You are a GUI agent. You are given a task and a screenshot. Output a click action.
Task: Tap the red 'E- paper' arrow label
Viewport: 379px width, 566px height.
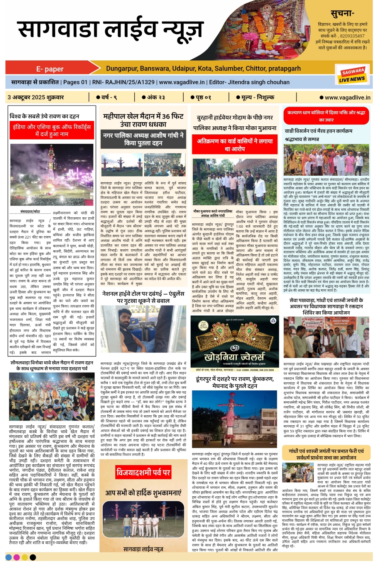50,69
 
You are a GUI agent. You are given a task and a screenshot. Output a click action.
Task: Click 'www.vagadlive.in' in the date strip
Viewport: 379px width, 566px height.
347,97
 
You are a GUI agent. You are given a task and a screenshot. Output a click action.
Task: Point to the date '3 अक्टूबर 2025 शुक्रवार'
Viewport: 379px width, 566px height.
36,97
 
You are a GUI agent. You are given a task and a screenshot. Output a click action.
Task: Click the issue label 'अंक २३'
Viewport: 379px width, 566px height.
154,97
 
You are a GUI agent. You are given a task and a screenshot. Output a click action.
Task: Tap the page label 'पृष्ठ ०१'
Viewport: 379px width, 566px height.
201,97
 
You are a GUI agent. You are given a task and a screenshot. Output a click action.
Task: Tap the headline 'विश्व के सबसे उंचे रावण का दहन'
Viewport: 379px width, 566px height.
44,116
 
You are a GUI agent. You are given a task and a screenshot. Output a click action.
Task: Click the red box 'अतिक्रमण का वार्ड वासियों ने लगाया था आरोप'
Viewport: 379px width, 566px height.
235,145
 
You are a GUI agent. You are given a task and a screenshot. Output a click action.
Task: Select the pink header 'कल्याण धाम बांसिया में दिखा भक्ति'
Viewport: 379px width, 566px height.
326,116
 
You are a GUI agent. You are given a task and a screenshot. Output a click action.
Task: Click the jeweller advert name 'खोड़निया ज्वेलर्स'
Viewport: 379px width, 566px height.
234,356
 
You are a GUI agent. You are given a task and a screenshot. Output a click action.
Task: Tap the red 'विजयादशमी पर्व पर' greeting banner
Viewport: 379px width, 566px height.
143,472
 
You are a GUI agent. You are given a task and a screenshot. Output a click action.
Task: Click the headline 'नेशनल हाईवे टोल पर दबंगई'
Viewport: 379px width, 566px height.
143,297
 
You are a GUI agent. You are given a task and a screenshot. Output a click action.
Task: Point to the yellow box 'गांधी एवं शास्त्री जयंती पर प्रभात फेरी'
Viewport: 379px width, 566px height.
326,454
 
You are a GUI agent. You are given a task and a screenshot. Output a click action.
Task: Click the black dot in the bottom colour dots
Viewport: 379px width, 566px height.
33,557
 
